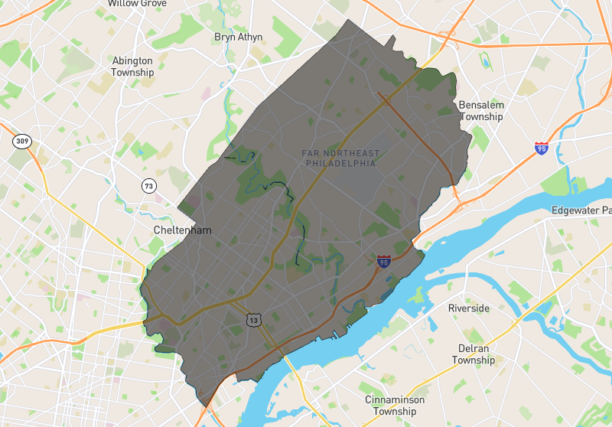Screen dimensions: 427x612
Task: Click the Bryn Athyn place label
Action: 238,37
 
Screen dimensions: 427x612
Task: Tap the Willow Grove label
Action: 137,3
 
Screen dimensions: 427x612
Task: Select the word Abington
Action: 132,60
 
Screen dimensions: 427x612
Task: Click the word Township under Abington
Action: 132,72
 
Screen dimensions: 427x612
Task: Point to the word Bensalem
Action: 481,105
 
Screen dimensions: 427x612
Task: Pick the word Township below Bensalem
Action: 481,116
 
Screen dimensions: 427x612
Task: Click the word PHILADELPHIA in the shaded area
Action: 340,163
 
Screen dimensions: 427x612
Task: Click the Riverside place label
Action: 468,308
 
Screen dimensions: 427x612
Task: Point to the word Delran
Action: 473,348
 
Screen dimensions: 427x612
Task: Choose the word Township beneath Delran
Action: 473,360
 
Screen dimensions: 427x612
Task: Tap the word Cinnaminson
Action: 395,399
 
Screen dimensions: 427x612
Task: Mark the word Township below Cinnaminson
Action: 395,411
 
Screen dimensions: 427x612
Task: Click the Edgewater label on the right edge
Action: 582,210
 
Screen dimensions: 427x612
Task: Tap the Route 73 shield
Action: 148,185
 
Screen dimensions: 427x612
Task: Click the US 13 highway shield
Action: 253,319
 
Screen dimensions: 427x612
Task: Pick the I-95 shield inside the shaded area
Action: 384,262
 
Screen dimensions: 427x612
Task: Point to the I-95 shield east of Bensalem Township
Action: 542,148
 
